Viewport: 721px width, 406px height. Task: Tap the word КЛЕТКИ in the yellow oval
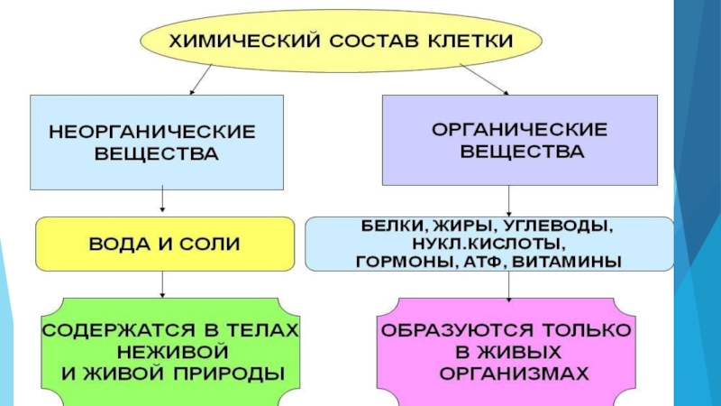coord(469,42)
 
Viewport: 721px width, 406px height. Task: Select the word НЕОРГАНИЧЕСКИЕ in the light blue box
coord(151,132)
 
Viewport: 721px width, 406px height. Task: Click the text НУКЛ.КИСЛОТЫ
coord(490,244)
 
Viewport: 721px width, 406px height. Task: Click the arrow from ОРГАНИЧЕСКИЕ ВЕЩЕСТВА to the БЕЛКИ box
coord(510,199)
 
